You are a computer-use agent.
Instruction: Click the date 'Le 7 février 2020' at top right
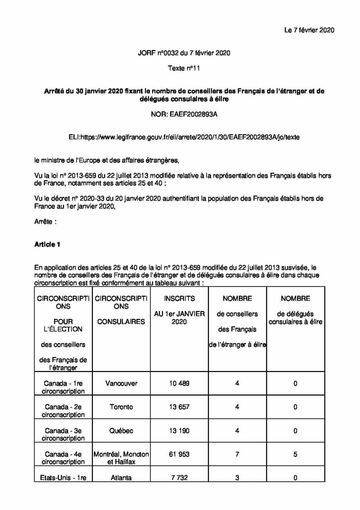pos(309,30)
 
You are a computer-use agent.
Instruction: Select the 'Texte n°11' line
pos(184,68)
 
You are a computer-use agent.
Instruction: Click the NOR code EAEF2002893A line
pos(184,114)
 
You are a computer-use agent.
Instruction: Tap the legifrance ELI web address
pos(184,137)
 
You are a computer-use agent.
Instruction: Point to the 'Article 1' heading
pos(47,245)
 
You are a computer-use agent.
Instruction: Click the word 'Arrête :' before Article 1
pos(45,222)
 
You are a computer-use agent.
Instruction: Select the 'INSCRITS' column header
pos(179,299)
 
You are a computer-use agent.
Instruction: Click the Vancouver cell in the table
pos(121,384)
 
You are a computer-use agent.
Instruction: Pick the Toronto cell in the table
pos(121,407)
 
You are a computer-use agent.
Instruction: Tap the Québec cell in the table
pos(121,431)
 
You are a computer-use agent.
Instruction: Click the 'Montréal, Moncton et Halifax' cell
pos(121,458)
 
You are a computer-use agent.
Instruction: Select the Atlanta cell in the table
pos(121,478)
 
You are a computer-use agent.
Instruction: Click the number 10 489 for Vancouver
pos(179,384)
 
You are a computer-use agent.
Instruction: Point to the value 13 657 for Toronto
pos(179,407)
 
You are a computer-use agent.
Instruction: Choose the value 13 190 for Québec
pos(179,431)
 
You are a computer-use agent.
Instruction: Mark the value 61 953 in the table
pos(179,454)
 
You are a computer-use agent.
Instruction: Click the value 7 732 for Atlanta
pos(179,478)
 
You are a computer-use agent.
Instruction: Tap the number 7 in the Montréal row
pos(237,454)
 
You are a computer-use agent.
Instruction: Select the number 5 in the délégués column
pos(295,454)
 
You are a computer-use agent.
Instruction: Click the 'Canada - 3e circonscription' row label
pos(63,434)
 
